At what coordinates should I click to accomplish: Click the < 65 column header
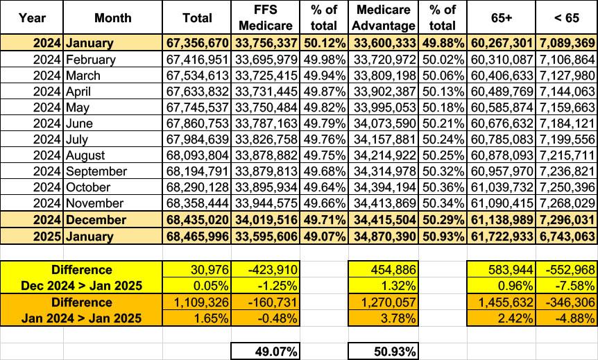click(566, 17)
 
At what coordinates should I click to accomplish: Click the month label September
click(96, 171)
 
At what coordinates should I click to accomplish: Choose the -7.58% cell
click(566, 285)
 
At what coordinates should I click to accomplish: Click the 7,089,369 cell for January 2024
click(566, 43)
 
